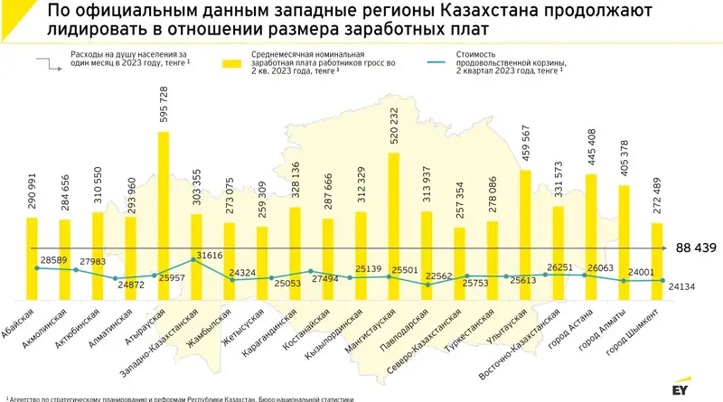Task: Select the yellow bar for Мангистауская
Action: [394, 226]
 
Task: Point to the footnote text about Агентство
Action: [181, 397]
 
